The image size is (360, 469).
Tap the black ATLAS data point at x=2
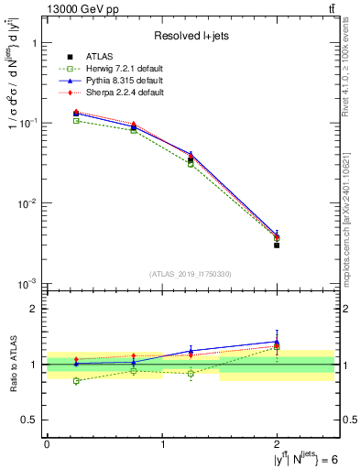pos(277,245)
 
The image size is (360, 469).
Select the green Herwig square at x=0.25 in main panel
pos(76,121)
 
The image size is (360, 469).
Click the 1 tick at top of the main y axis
pos(35,43)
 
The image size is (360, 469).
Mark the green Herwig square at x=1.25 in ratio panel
pos(191,374)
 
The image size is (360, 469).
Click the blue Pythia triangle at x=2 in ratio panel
pos(277,341)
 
